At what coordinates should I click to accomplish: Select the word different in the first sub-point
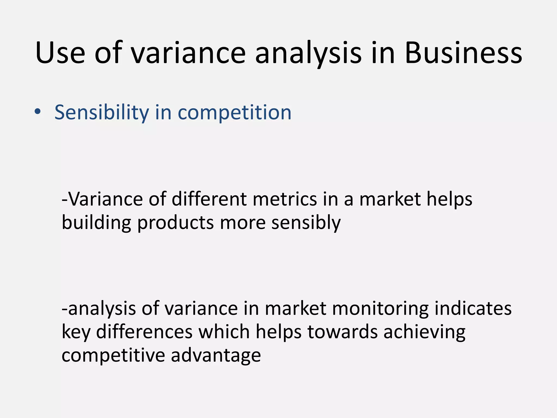tap(209, 199)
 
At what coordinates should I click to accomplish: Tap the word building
tap(97, 223)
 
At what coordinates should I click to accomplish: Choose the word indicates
tap(473, 309)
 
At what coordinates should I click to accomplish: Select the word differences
tap(144, 332)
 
